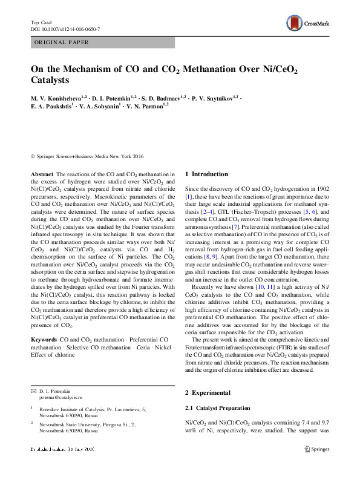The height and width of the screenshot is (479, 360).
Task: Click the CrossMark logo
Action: coord(308,24)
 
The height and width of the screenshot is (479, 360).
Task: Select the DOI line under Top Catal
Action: coord(65,29)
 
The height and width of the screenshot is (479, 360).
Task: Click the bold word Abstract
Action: coord(41,174)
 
